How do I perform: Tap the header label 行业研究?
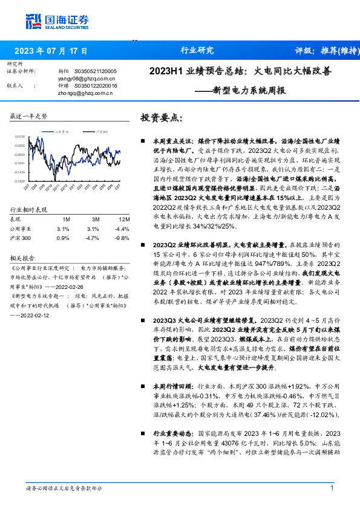pos(197,51)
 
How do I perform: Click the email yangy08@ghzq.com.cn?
pos(82,78)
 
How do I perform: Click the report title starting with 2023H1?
pos(240,71)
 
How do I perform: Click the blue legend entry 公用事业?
pos(61,131)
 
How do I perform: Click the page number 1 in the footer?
pos(332,488)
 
